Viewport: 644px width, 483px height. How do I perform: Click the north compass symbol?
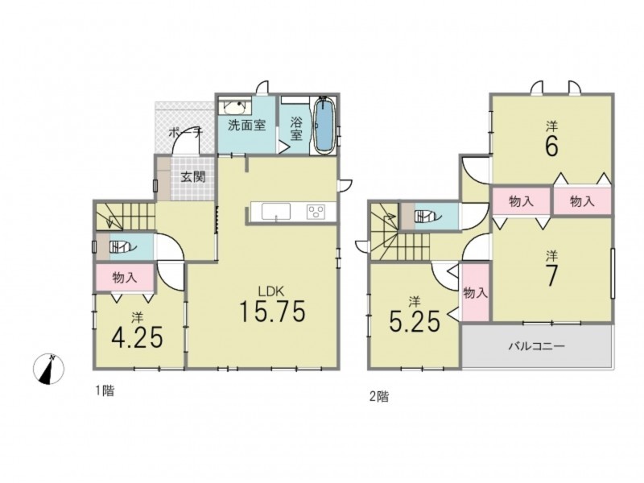tap(48, 369)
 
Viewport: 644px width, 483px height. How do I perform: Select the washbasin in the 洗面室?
tap(235, 107)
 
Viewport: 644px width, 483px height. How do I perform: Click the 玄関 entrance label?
tap(193, 177)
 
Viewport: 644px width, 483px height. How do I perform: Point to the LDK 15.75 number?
tap(272, 311)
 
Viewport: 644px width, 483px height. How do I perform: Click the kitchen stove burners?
tap(316, 212)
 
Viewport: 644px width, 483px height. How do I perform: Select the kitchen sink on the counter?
tap(276, 212)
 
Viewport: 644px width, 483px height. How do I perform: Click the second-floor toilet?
tap(427, 216)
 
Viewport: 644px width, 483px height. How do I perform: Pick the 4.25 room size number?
tap(137, 336)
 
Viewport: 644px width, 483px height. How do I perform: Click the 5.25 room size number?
tap(415, 321)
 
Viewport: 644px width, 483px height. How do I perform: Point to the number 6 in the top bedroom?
tap(551, 146)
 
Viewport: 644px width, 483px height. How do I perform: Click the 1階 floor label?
tap(105, 391)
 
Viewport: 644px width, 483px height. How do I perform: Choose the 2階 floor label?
tap(379, 397)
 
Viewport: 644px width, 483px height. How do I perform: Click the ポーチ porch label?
tap(186, 133)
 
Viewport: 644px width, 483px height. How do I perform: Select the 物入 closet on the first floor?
tap(125, 278)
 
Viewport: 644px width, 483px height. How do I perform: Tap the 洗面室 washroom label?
tap(247, 125)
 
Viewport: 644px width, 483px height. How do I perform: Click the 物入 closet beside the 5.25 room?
tap(476, 292)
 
